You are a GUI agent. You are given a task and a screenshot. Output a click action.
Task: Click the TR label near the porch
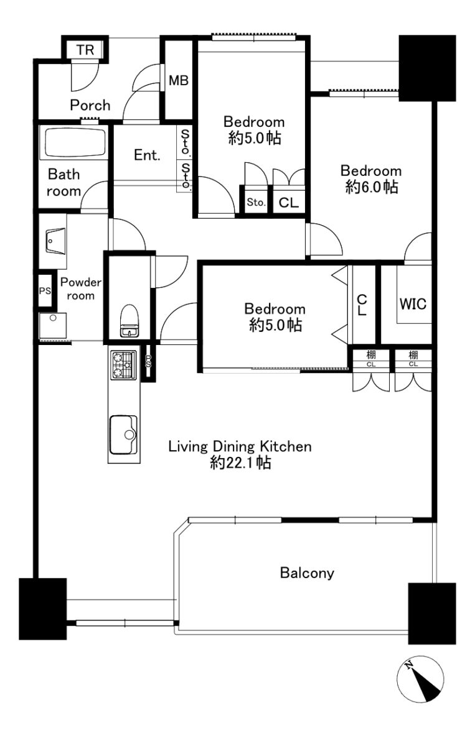(85, 50)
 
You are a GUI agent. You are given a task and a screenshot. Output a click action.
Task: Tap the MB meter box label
(179, 80)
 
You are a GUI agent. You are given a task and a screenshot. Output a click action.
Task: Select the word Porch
(90, 105)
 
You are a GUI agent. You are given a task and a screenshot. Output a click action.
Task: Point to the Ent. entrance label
(147, 155)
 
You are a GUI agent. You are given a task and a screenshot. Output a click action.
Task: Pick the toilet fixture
(128, 320)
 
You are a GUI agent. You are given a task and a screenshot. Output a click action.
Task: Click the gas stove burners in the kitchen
(123, 366)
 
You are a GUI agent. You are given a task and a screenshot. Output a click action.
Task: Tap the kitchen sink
(123, 435)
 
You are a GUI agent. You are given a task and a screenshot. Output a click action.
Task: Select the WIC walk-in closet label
(413, 304)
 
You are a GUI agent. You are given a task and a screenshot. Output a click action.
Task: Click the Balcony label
(307, 573)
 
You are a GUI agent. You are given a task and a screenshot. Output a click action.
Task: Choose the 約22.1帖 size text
(240, 463)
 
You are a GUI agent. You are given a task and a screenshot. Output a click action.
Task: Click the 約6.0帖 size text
(371, 187)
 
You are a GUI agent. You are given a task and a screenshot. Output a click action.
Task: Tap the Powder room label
(81, 288)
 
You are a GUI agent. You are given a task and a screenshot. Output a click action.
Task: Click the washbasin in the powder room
(56, 241)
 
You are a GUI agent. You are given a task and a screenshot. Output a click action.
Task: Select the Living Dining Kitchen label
(240, 446)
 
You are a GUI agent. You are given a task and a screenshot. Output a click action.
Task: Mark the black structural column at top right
(428, 68)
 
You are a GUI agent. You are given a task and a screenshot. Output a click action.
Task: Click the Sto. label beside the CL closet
(256, 202)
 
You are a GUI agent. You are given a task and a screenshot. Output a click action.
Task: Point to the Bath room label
(63, 183)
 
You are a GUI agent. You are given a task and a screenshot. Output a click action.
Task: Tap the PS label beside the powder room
(45, 291)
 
